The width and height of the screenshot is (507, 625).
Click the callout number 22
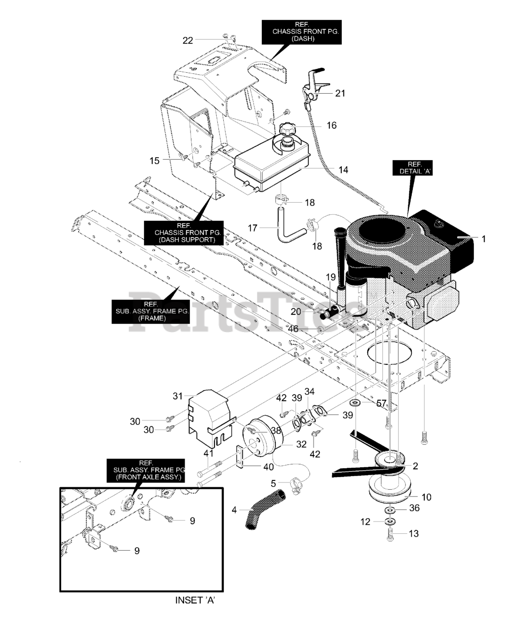click(188, 41)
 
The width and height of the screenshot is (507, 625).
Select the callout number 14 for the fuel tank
click(343, 170)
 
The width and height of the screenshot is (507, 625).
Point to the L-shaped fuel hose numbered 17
click(282, 226)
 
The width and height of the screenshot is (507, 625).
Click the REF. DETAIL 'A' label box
click(413, 168)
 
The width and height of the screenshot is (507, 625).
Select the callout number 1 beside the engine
click(484, 239)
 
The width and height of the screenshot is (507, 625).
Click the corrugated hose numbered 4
click(261, 510)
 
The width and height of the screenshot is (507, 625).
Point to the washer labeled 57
click(355, 403)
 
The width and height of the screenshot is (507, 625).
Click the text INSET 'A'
click(194, 600)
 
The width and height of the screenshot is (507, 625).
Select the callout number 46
click(293, 329)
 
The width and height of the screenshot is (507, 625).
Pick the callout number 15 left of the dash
click(154, 160)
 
